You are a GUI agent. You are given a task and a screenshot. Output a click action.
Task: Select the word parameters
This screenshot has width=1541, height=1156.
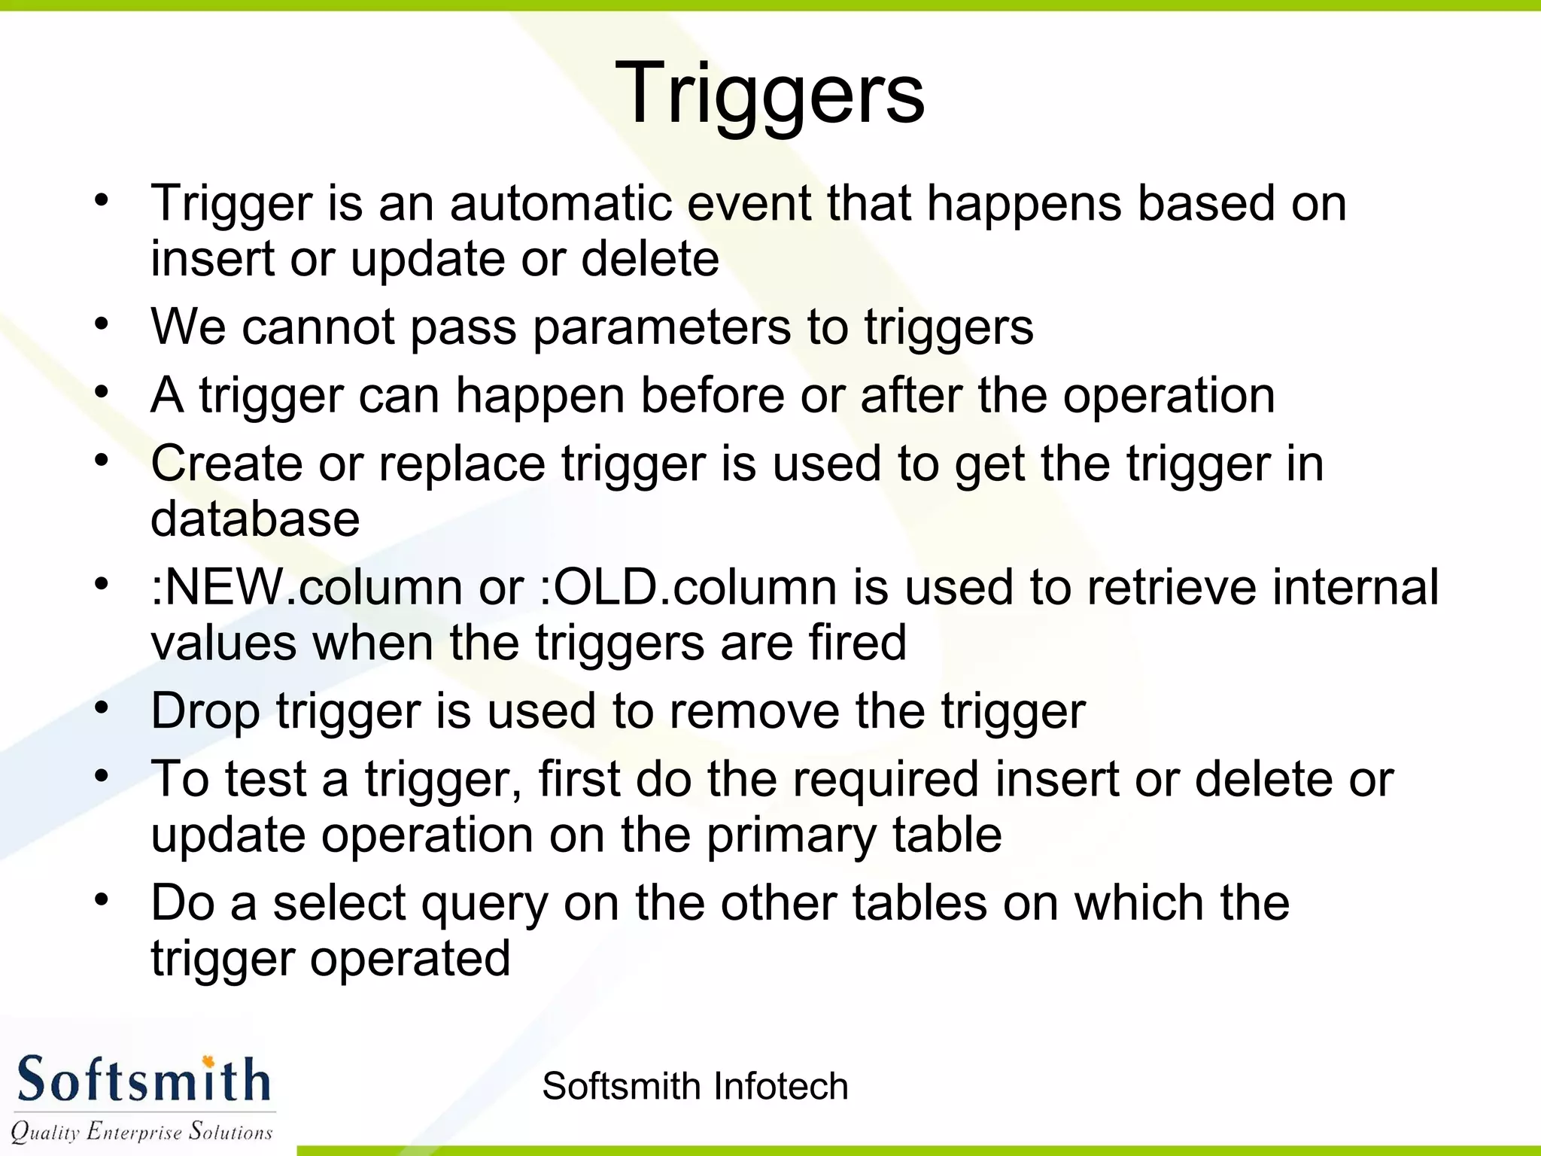click(661, 328)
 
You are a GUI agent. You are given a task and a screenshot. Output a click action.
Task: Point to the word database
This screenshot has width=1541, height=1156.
click(255, 519)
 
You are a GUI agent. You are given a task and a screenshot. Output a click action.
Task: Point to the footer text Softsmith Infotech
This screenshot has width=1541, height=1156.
click(695, 1087)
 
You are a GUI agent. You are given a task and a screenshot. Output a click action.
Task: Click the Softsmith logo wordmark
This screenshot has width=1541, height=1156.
click(143, 1080)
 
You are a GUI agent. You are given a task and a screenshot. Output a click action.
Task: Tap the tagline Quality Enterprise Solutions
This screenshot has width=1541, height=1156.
click(141, 1131)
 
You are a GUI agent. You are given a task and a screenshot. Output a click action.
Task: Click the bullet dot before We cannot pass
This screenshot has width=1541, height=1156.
click(102, 325)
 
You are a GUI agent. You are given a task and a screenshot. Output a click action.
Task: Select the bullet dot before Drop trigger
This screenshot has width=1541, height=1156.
click(102, 709)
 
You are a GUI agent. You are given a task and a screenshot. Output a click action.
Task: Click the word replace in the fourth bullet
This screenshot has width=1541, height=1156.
click(462, 464)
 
